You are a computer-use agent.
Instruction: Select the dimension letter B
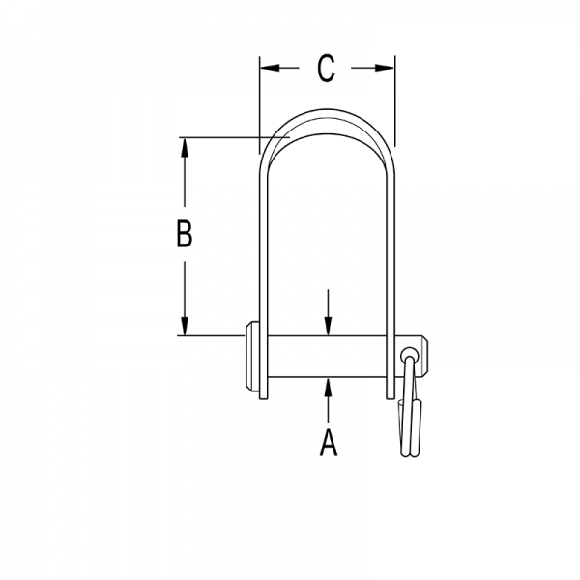pos(184,235)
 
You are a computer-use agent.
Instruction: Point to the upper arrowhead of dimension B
pos(184,146)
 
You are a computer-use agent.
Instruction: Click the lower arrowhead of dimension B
pos(184,328)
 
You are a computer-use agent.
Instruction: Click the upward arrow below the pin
pos(329,387)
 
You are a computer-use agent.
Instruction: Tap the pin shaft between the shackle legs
pos(329,356)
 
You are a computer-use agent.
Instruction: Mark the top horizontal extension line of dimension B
pos(222,137)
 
